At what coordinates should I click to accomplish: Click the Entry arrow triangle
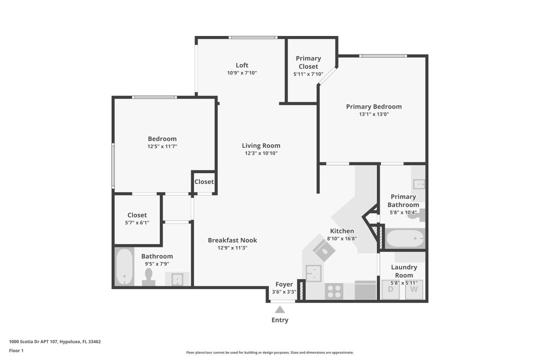280,309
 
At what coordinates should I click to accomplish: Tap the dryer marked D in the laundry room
390,289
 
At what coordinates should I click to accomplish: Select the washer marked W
414,289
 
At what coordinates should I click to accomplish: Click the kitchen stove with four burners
333,291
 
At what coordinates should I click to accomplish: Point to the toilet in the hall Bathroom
148,276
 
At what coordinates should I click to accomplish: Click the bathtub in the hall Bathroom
124,267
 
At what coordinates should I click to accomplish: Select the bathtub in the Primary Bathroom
405,238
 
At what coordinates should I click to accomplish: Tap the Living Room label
261,145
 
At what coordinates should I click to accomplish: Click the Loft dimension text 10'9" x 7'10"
242,73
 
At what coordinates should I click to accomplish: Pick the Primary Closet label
308,62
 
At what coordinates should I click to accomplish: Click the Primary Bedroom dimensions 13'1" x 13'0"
374,114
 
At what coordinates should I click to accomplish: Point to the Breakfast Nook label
232,240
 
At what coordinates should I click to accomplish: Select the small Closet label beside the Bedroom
204,181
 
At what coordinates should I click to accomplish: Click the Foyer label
284,284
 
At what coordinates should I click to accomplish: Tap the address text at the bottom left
55,341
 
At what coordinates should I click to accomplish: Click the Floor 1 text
16,350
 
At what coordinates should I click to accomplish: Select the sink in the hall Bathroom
177,279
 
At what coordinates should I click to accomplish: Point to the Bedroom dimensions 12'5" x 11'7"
162,146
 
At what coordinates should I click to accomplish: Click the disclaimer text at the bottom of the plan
270,352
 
